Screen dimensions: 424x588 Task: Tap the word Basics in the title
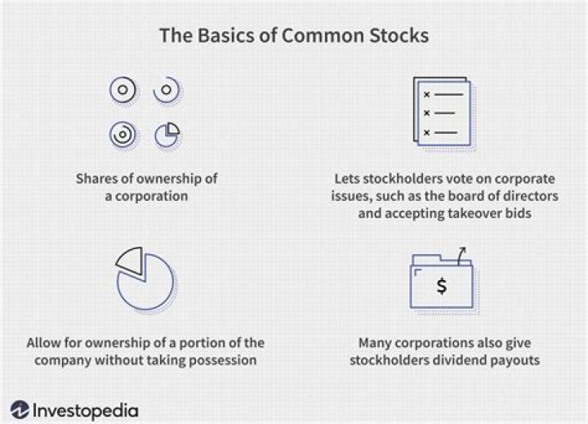click(216, 37)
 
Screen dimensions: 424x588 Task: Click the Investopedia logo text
click(86, 408)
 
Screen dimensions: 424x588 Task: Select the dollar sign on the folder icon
click(441, 286)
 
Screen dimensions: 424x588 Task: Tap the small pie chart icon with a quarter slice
click(167, 133)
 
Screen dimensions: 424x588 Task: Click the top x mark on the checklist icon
click(425, 95)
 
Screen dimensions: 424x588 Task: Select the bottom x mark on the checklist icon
click(425, 132)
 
